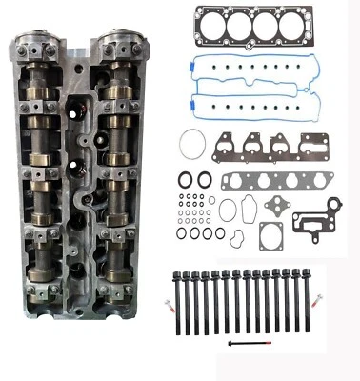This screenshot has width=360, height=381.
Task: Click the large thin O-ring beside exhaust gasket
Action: click(x=192, y=144)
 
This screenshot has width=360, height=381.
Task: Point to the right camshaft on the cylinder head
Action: click(x=119, y=171)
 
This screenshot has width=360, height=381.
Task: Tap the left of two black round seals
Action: click(x=183, y=178)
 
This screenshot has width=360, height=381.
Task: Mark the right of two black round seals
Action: click(x=205, y=178)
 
